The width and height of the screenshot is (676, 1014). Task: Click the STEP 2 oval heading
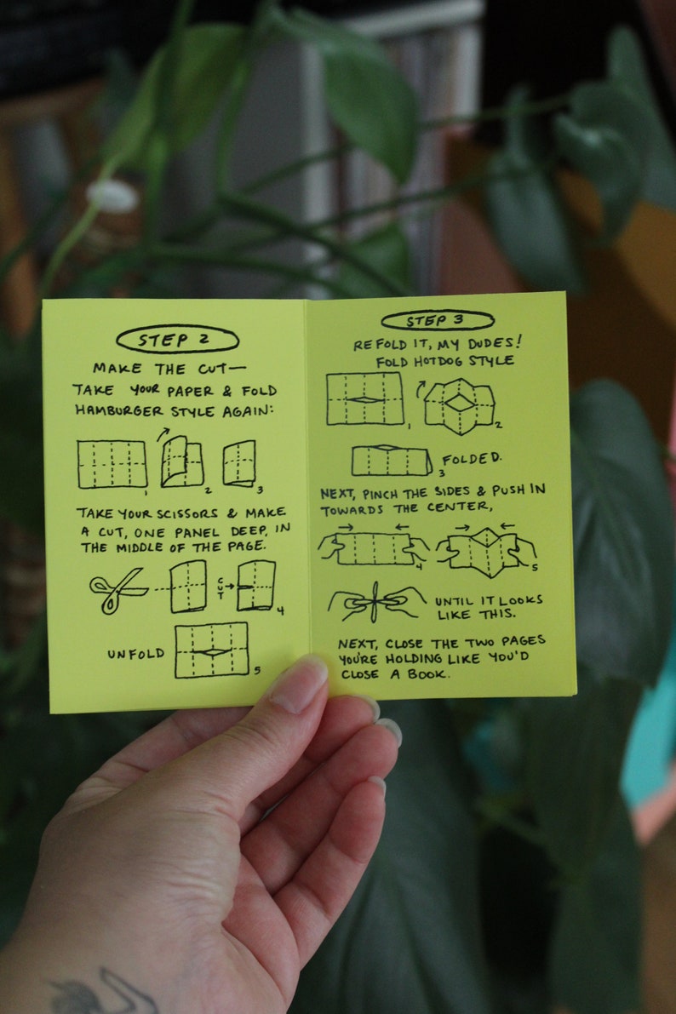pos(177,339)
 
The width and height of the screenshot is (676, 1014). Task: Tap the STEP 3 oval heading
pos(437,320)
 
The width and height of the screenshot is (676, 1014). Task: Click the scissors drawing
pos(117,587)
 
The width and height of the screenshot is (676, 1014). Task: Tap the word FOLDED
pos(472,459)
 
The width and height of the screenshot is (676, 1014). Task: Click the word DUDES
pos(490,342)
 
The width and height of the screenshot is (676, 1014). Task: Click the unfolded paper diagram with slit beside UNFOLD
pos(212,650)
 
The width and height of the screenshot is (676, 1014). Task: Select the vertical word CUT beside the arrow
pos(221,586)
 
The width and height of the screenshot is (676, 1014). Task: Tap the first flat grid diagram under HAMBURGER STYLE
pos(112,464)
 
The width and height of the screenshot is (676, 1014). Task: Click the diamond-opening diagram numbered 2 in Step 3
pos(460,404)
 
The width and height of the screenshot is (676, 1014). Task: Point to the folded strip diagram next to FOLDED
pos(391,461)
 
